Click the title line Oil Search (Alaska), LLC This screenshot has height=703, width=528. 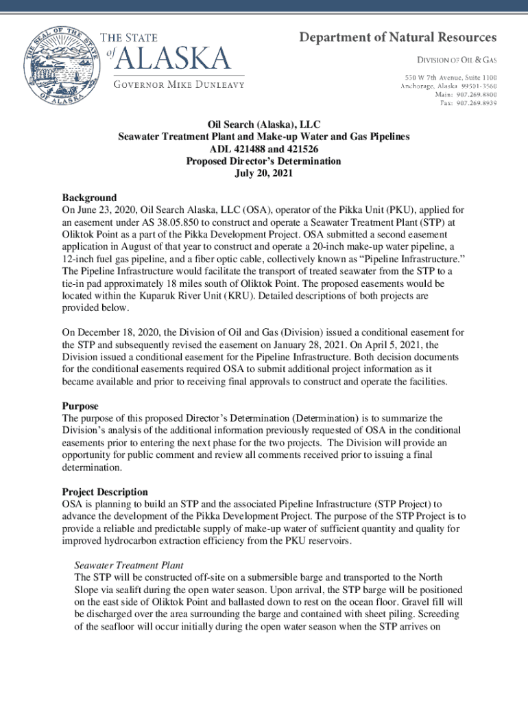[263, 124]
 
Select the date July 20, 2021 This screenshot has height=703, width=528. [263, 174]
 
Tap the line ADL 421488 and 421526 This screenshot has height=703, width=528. [263, 149]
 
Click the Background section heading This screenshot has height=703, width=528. [89, 198]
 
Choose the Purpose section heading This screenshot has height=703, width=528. [80, 406]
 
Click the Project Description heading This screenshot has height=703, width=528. [105, 492]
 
